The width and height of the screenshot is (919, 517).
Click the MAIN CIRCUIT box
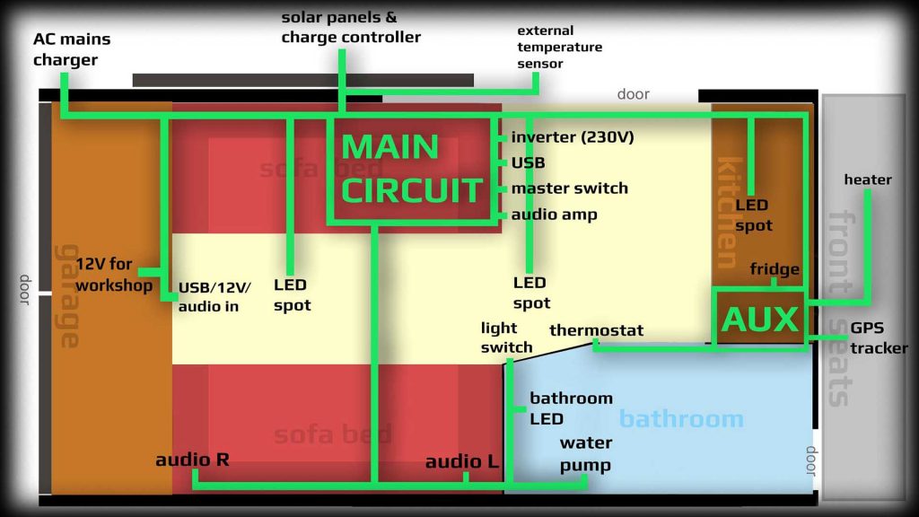(412, 169)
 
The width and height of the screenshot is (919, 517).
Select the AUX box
(759, 318)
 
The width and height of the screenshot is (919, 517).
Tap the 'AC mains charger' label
(66, 50)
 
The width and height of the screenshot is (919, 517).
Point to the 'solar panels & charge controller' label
(350, 28)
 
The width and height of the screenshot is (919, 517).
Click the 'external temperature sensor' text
(559, 48)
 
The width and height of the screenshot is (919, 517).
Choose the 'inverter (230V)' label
(573, 137)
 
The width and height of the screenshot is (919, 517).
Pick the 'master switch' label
(569, 188)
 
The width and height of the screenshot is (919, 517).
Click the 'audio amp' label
(554, 215)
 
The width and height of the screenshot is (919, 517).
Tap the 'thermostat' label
(596, 330)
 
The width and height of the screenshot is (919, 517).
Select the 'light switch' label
(506, 337)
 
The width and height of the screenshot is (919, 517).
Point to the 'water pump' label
(585, 453)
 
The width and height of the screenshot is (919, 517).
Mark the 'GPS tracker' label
(879, 338)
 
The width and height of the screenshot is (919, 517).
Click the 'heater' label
(868, 180)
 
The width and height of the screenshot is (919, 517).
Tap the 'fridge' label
(775, 269)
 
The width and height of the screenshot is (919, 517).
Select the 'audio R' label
(192, 460)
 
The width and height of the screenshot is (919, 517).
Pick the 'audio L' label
(461, 461)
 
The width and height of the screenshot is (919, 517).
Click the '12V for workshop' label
(114, 275)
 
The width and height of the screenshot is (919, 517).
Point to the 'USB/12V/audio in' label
(215, 296)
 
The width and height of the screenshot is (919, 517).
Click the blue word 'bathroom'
(681, 418)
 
